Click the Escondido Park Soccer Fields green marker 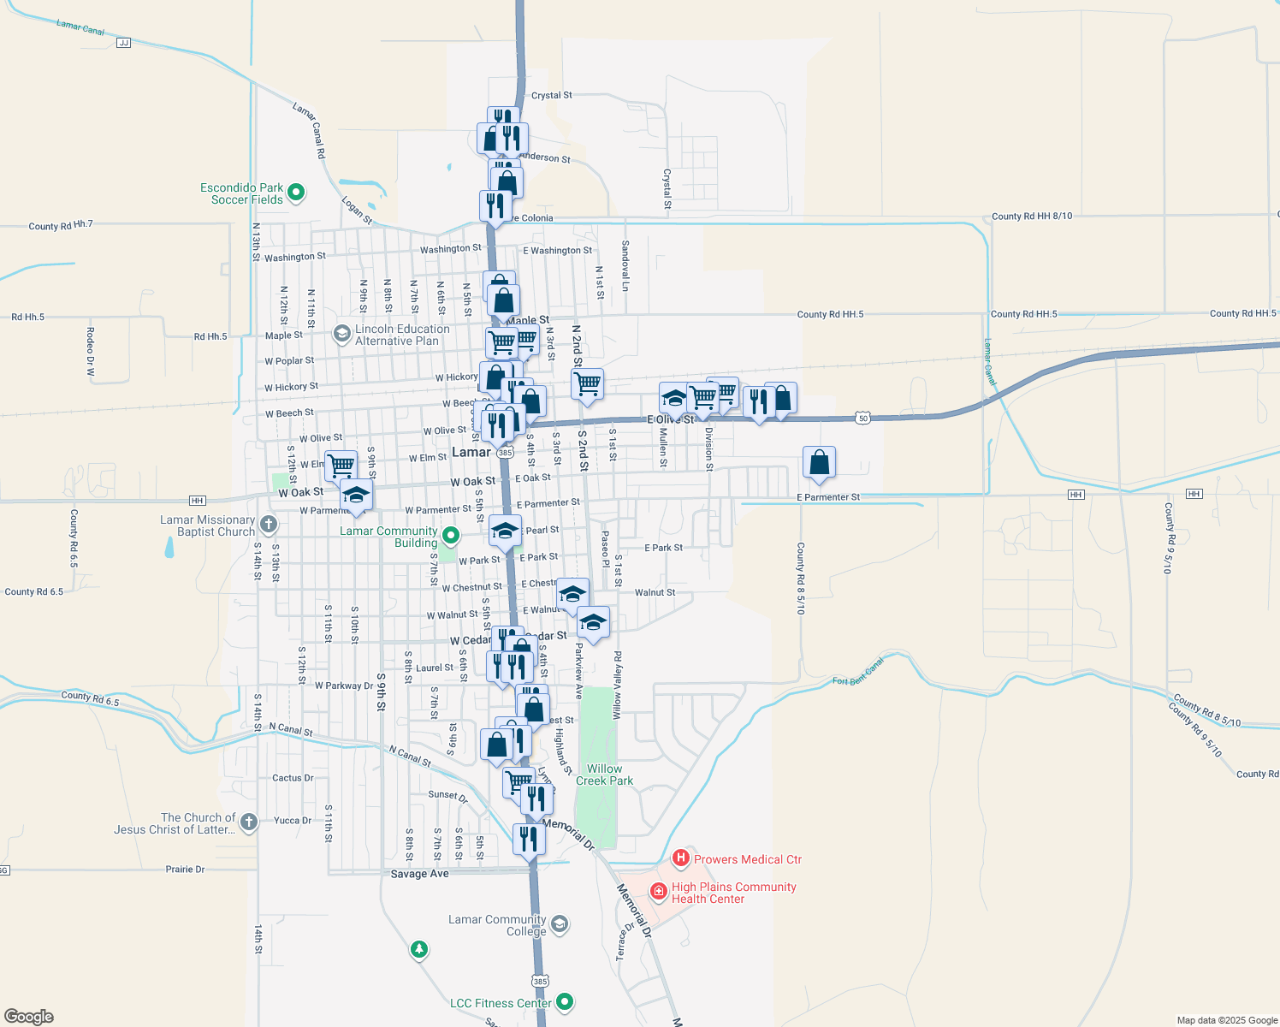[x=296, y=193]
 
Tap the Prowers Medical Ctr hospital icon [x=680, y=858]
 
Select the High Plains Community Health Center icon [x=658, y=892]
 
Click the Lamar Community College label [x=497, y=925]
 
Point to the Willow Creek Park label [x=604, y=775]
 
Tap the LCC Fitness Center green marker [x=564, y=1001]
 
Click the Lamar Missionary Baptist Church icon [x=269, y=525]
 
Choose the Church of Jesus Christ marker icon [x=248, y=822]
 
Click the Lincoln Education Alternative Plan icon [x=342, y=333]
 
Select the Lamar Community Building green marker [x=451, y=537]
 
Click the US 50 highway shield [x=862, y=418]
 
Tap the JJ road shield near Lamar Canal [x=123, y=42]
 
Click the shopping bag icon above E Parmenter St [x=819, y=462]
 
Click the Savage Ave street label [x=419, y=874]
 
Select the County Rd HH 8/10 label [x=1031, y=217]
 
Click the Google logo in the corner [x=29, y=1016]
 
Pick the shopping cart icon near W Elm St [x=341, y=466]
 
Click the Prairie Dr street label [x=185, y=870]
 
